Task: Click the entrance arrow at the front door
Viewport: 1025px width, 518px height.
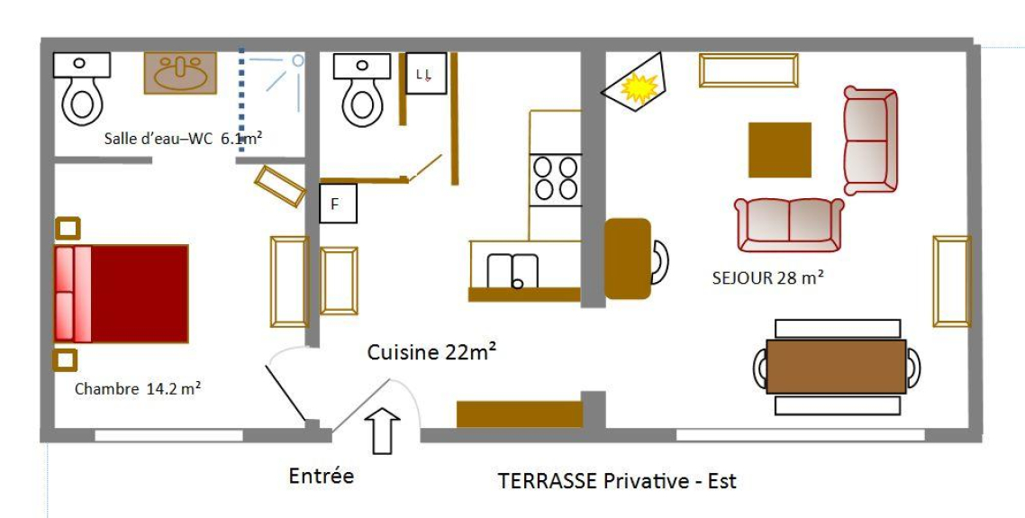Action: click(x=386, y=431)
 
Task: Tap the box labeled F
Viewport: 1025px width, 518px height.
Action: click(x=338, y=204)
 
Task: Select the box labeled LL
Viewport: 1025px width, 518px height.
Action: click(x=426, y=74)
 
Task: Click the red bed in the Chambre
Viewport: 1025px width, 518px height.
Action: click(x=122, y=294)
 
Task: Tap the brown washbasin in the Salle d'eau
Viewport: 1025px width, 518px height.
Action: click(x=180, y=73)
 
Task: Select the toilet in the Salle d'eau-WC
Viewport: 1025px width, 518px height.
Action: click(x=82, y=89)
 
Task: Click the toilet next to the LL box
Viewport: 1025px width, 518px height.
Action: click(x=362, y=89)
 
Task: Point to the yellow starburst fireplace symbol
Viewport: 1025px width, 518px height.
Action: click(x=639, y=88)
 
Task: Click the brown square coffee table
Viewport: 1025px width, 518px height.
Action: click(x=780, y=150)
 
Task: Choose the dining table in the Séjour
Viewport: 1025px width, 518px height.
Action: click(x=836, y=367)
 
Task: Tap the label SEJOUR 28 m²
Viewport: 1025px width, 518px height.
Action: click(x=767, y=278)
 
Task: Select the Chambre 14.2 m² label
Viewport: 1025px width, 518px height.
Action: click(x=137, y=388)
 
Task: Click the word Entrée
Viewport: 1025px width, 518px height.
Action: click(x=322, y=476)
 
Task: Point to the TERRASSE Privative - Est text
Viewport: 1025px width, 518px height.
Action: click(x=617, y=481)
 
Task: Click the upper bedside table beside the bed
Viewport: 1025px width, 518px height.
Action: click(x=68, y=228)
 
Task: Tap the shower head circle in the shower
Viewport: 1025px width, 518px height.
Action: click(x=298, y=61)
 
